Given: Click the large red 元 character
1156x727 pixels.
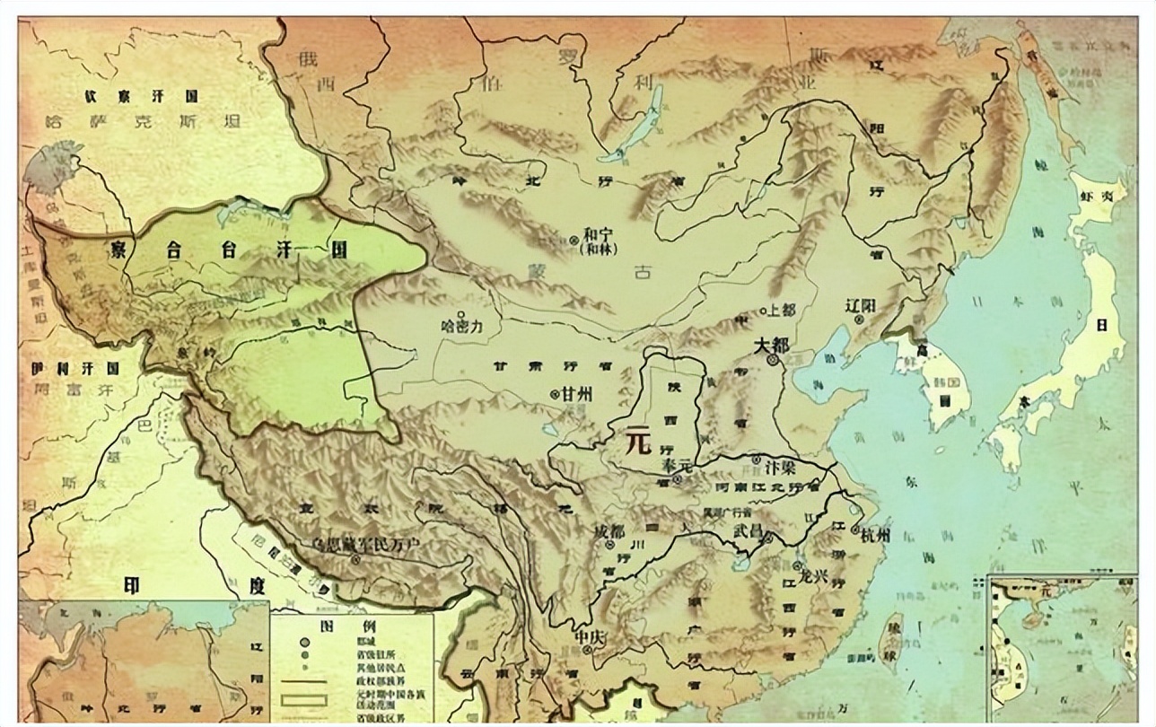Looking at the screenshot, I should click(638, 442).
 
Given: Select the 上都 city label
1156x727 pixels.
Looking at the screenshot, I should click(783, 311).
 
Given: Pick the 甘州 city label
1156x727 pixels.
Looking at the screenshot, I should click(579, 395).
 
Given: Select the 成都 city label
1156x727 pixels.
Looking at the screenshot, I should click(609, 530).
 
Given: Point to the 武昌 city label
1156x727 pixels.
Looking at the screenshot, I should click(747, 530).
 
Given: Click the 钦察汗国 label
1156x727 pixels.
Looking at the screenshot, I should click(142, 96).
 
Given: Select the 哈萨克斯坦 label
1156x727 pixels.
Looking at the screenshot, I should click(144, 123).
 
